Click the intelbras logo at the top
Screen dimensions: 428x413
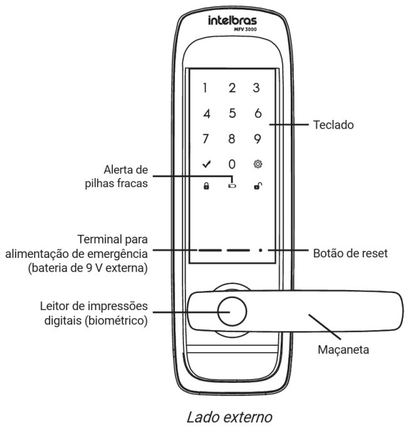point(232,22)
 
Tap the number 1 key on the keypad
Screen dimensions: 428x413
point(205,88)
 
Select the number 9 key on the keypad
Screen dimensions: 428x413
point(257,139)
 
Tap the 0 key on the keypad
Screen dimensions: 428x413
point(231,164)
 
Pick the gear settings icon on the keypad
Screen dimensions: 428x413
point(257,164)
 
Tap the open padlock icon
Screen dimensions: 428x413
point(257,187)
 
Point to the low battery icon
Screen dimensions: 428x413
point(232,187)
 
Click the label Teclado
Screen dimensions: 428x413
point(333,126)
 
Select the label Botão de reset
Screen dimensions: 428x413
point(350,255)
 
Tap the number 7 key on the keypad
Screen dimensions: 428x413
point(205,139)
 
